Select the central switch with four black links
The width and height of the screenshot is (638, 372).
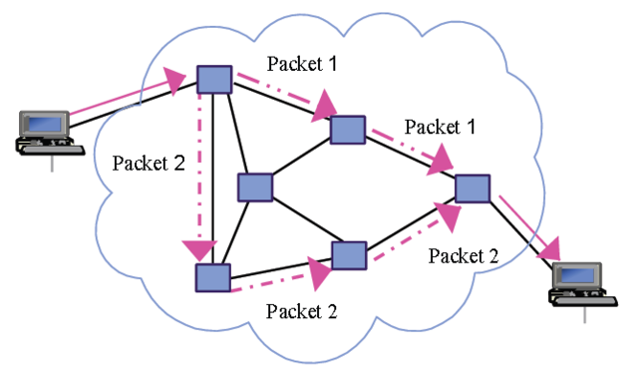tap(255, 187)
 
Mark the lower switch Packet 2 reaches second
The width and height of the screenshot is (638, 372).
tap(350, 256)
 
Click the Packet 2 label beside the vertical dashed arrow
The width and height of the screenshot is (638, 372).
tap(149, 162)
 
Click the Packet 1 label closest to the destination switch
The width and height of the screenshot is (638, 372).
tap(439, 128)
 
